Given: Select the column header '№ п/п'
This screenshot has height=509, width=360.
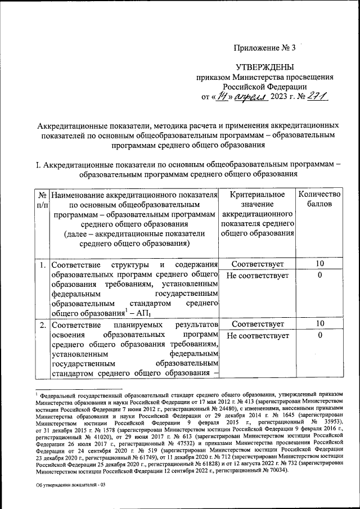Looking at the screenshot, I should [42, 200].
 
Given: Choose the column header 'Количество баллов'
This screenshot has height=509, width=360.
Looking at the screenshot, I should [319, 200].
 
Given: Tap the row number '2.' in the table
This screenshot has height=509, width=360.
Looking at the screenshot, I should [42, 325].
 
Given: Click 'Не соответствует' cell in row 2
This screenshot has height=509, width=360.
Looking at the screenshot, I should [258, 336].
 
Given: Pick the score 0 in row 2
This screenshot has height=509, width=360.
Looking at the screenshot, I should [319, 336].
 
